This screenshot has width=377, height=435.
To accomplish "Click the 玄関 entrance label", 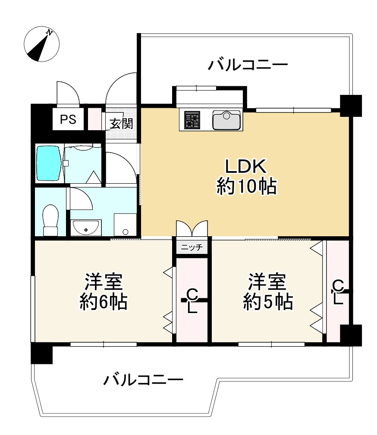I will pyautogui.click(x=121, y=124).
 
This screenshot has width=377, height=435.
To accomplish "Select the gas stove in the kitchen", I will pyautogui.click(x=192, y=119).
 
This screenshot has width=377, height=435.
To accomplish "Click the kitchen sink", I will pyautogui.click(x=226, y=119).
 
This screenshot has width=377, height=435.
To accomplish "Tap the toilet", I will pyautogui.click(x=50, y=219).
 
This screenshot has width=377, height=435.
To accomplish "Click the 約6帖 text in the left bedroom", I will pyautogui.click(x=104, y=302).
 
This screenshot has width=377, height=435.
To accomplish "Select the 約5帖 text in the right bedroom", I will pyautogui.click(x=268, y=302).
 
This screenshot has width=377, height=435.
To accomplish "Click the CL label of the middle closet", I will pyautogui.click(x=192, y=301).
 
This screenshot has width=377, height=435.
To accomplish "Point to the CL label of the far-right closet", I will pyautogui.click(x=338, y=291).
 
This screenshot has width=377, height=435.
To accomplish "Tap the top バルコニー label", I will pyautogui.click(x=248, y=66).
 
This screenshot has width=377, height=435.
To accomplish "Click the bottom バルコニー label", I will pyautogui.click(x=144, y=380).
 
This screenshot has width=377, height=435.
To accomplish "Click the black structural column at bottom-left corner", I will pyautogui.click(x=41, y=353).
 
